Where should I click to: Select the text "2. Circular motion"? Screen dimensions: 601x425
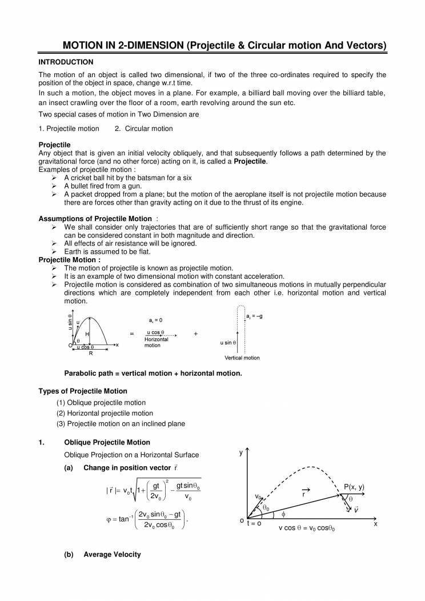click(x=143, y=129)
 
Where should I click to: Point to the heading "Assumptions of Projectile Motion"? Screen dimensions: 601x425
click(x=95, y=219)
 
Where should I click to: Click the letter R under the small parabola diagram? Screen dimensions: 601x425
click(x=90, y=353)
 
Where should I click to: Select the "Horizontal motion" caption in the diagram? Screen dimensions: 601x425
click(x=156, y=342)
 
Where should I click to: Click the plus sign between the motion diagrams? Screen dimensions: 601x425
click(x=196, y=334)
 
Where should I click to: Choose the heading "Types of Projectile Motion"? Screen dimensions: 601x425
click(x=83, y=391)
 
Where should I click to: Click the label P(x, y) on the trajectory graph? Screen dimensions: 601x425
click(x=354, y=487)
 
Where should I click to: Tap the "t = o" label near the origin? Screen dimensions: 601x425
click(x=254, y=524)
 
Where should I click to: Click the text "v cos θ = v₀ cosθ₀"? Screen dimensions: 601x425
click(x=307, y=528)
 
